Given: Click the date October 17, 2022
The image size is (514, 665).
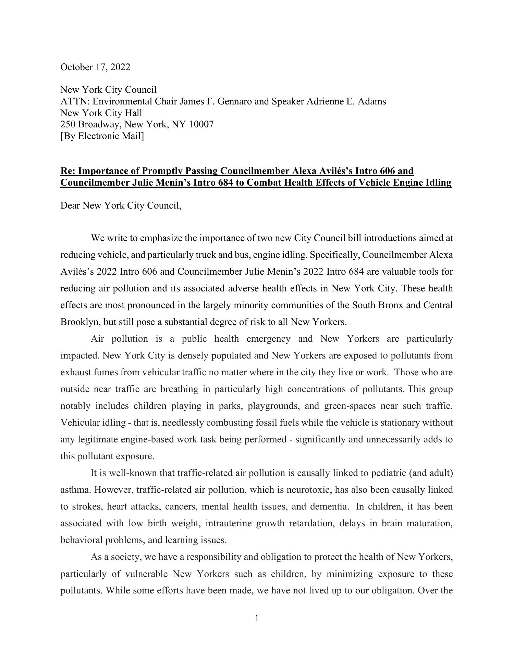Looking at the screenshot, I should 95,67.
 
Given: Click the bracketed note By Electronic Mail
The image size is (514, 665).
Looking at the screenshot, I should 102,136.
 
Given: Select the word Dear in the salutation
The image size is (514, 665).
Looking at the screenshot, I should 70,206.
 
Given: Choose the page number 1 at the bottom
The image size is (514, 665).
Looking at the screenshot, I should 257,618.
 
